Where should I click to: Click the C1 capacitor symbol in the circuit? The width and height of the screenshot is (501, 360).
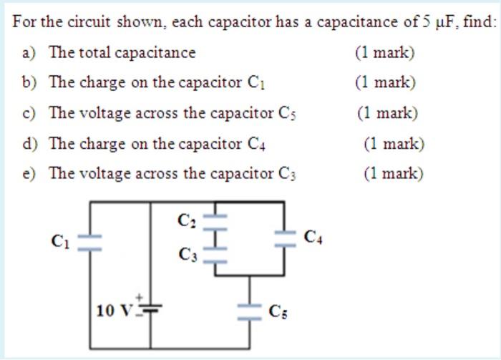(89, 241)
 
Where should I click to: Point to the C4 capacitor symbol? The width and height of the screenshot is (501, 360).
(284, 237)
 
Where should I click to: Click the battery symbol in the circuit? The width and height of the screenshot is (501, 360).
(150, 308)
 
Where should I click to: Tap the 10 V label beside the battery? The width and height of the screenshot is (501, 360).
(115, 311)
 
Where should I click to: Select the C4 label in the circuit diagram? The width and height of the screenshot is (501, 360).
(313, 237)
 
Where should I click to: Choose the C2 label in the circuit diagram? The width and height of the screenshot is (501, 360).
(186, 220)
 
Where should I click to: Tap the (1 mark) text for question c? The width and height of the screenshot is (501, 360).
(387, 113)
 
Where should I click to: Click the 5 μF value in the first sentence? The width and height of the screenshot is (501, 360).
(437, 21)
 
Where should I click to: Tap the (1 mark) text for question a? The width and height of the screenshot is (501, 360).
(384, 52)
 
